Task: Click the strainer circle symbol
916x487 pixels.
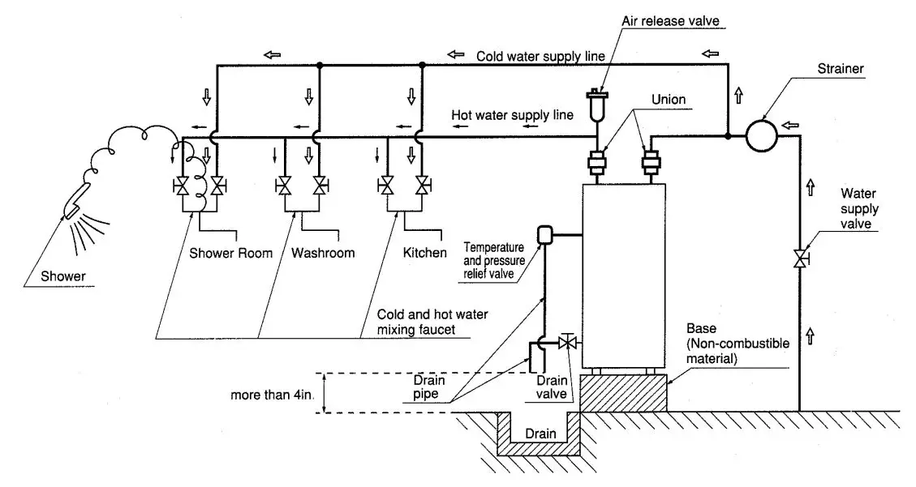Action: [762, 135]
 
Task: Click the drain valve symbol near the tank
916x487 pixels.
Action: [568, 344]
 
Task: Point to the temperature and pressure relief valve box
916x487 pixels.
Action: [545, 235]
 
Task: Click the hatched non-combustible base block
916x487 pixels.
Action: [623, 394]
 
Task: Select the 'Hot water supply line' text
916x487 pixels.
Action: [513, 115]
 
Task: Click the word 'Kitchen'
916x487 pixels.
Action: [424, 253]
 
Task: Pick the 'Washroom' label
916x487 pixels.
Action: [322, 253]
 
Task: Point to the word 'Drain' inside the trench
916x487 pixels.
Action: [540, 434]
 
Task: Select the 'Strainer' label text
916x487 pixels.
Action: [840, 70]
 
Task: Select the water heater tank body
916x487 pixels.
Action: [624, 276]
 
